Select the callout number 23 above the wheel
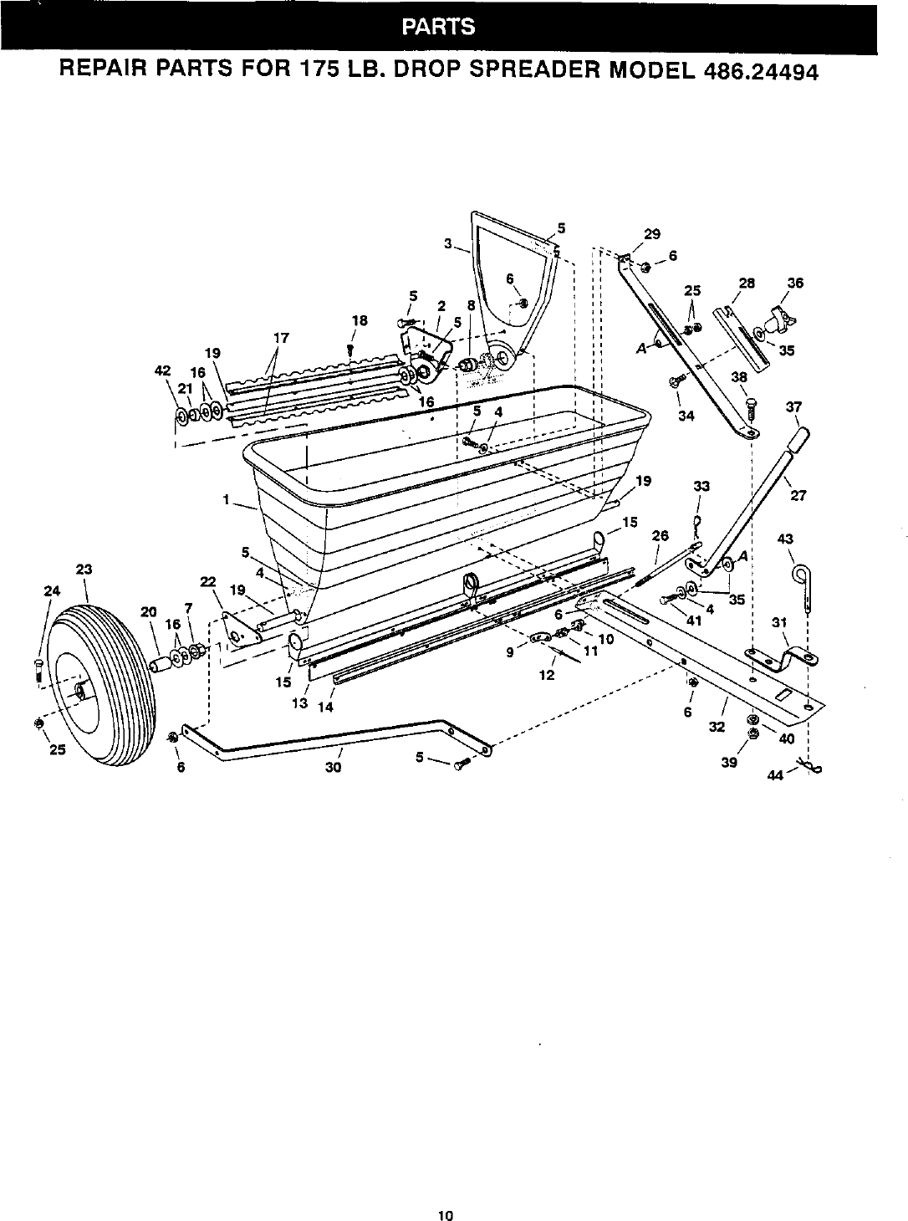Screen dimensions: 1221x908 pos(84,570)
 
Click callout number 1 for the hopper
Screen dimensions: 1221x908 pos(226,500)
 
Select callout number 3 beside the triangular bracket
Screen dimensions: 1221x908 pos(448,244)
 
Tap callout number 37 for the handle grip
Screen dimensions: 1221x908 pos(794,407)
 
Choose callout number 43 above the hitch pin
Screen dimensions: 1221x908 pos(785,539)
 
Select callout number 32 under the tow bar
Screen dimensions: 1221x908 pos(716,727)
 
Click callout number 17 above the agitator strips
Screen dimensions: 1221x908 pos(281,338)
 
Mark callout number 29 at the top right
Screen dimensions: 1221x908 pos(653,235)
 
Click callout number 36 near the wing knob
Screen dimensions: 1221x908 pos(795,284)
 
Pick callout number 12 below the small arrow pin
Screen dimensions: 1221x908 pos(546,675)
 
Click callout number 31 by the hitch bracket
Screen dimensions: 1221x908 pos(779,622)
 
